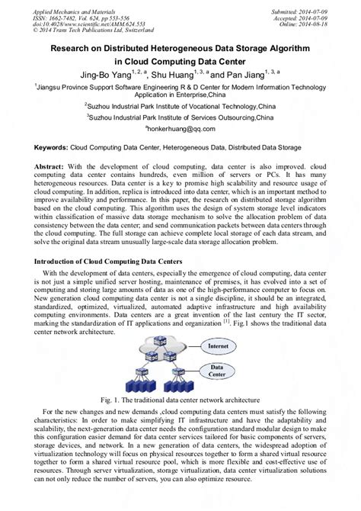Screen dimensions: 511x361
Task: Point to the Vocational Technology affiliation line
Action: pyautogui.click(x=180, y=108)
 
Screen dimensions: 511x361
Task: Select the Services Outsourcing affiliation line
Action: pyautogui.click(x=180, y=119)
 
